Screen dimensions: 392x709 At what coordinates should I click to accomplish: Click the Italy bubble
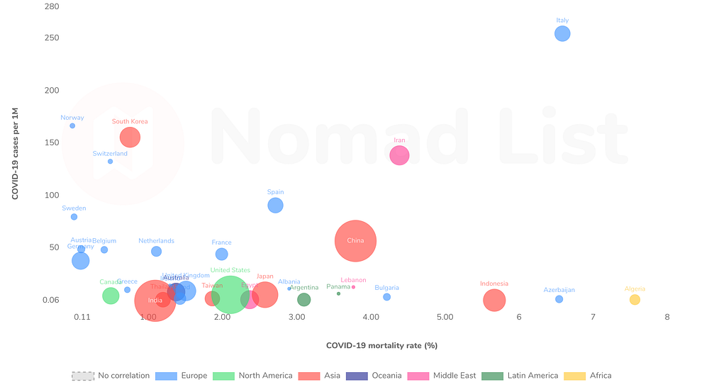(x=562, y=33)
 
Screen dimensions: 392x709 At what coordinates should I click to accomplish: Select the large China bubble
(x=355, y=241)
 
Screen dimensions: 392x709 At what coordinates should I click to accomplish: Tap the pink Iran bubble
(x=399, y=155)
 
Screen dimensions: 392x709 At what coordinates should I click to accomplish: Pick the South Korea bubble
(x=130, y=137)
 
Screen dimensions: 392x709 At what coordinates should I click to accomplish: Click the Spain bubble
(x=276, y=206)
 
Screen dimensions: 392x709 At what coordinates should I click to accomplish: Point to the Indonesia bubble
(x=494, y=300)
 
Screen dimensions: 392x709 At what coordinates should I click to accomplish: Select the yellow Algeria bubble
(x=635, y=300)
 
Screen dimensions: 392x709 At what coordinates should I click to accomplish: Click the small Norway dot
(x=72, y=125)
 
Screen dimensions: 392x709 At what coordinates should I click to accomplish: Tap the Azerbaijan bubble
(x=559, y=299)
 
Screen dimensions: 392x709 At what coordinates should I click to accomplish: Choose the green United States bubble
(x=230, y=295)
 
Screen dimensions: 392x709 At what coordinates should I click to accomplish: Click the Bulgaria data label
(x=386, y=288)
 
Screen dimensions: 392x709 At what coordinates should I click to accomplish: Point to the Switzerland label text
(x=110, y=153)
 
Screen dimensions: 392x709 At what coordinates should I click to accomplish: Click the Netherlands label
(x=156, y=241)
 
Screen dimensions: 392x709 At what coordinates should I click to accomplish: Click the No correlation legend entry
(x=111, y=376)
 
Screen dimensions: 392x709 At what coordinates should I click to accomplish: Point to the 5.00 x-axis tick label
(x=445, y=316)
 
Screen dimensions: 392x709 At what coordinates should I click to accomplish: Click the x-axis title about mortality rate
(x=381, y=346)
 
